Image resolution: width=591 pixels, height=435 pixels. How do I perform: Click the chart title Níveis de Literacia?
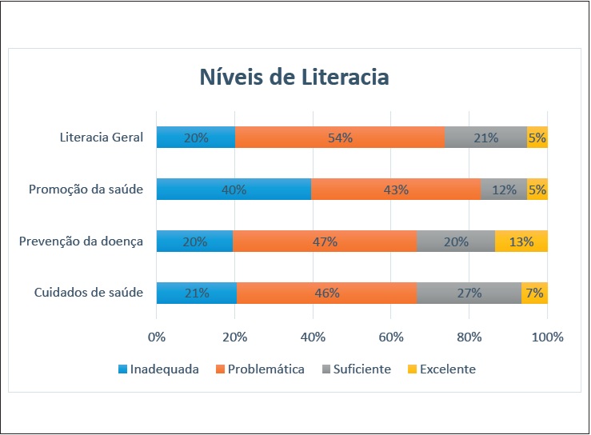pyautogui.click(x=294, y=78)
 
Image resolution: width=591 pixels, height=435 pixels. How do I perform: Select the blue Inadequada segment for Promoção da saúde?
pyautogui.click(x=234, y=190)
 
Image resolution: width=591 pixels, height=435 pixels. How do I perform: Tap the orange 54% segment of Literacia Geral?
pyautogui.click(x=340, y=138)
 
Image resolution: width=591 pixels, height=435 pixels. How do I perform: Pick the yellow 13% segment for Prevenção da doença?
pyautogui.click(x=521, y=241)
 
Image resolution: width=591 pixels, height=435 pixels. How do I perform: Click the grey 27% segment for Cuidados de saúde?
pyautogui.click(x=469, y=293)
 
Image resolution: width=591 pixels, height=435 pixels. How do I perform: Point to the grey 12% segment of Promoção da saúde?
pyautogui.click(x=504, y=190)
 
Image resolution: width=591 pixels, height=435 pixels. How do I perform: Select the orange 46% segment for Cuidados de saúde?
pyautogui.click(x=326, y=293)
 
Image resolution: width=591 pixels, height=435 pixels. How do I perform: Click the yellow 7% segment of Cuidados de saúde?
pyautogui.click(x=534, y=293)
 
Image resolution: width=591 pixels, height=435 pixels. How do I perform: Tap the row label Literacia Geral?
pyautogui.click(x=102, y=138)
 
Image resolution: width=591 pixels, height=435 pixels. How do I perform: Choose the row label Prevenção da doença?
pyautogui.click(x=81, y=241)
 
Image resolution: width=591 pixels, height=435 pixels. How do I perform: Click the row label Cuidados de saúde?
pyautogui.click(x=89, y=293)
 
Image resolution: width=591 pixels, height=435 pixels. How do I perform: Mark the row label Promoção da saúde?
pyautogui.click(x=86, y=190)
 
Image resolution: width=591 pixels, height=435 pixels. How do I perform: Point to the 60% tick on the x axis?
pyautogui.click(x=391, y=337)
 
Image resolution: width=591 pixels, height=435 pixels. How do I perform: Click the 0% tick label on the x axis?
pyautogui.click(x=157, y=337)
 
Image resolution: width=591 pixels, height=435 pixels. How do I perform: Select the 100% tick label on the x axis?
pyautogui.click(x=548, y=337)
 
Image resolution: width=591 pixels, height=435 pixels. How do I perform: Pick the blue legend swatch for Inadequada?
pyautogui.click(x=123, y=369)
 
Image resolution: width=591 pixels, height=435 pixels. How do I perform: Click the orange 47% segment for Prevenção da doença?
pyautogui.click(x=325, y=241)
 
